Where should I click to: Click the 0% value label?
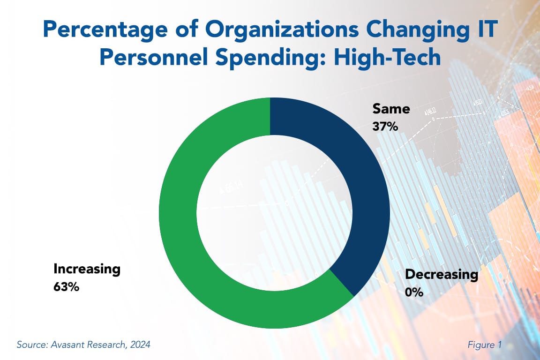coord(414,292)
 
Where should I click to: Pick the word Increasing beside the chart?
coord(87,269)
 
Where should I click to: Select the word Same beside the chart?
coord(391,109)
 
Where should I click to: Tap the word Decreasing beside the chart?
coord(442,275)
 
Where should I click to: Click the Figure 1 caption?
coord(485,345)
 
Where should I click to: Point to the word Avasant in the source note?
coord(66,345)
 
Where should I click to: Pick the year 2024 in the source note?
coord(140,345)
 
